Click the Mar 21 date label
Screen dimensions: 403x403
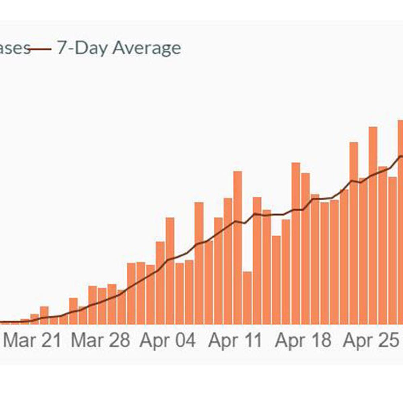[33, 341]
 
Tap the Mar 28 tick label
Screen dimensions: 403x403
[100, 341]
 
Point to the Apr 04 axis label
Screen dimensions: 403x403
[168, 341]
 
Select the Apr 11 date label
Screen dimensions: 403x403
[235, 341]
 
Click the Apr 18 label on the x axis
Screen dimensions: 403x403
[303, 341]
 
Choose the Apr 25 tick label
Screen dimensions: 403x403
[370, 341]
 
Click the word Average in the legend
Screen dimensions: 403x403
[146, 48]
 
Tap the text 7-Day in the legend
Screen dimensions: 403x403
[83, 48]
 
